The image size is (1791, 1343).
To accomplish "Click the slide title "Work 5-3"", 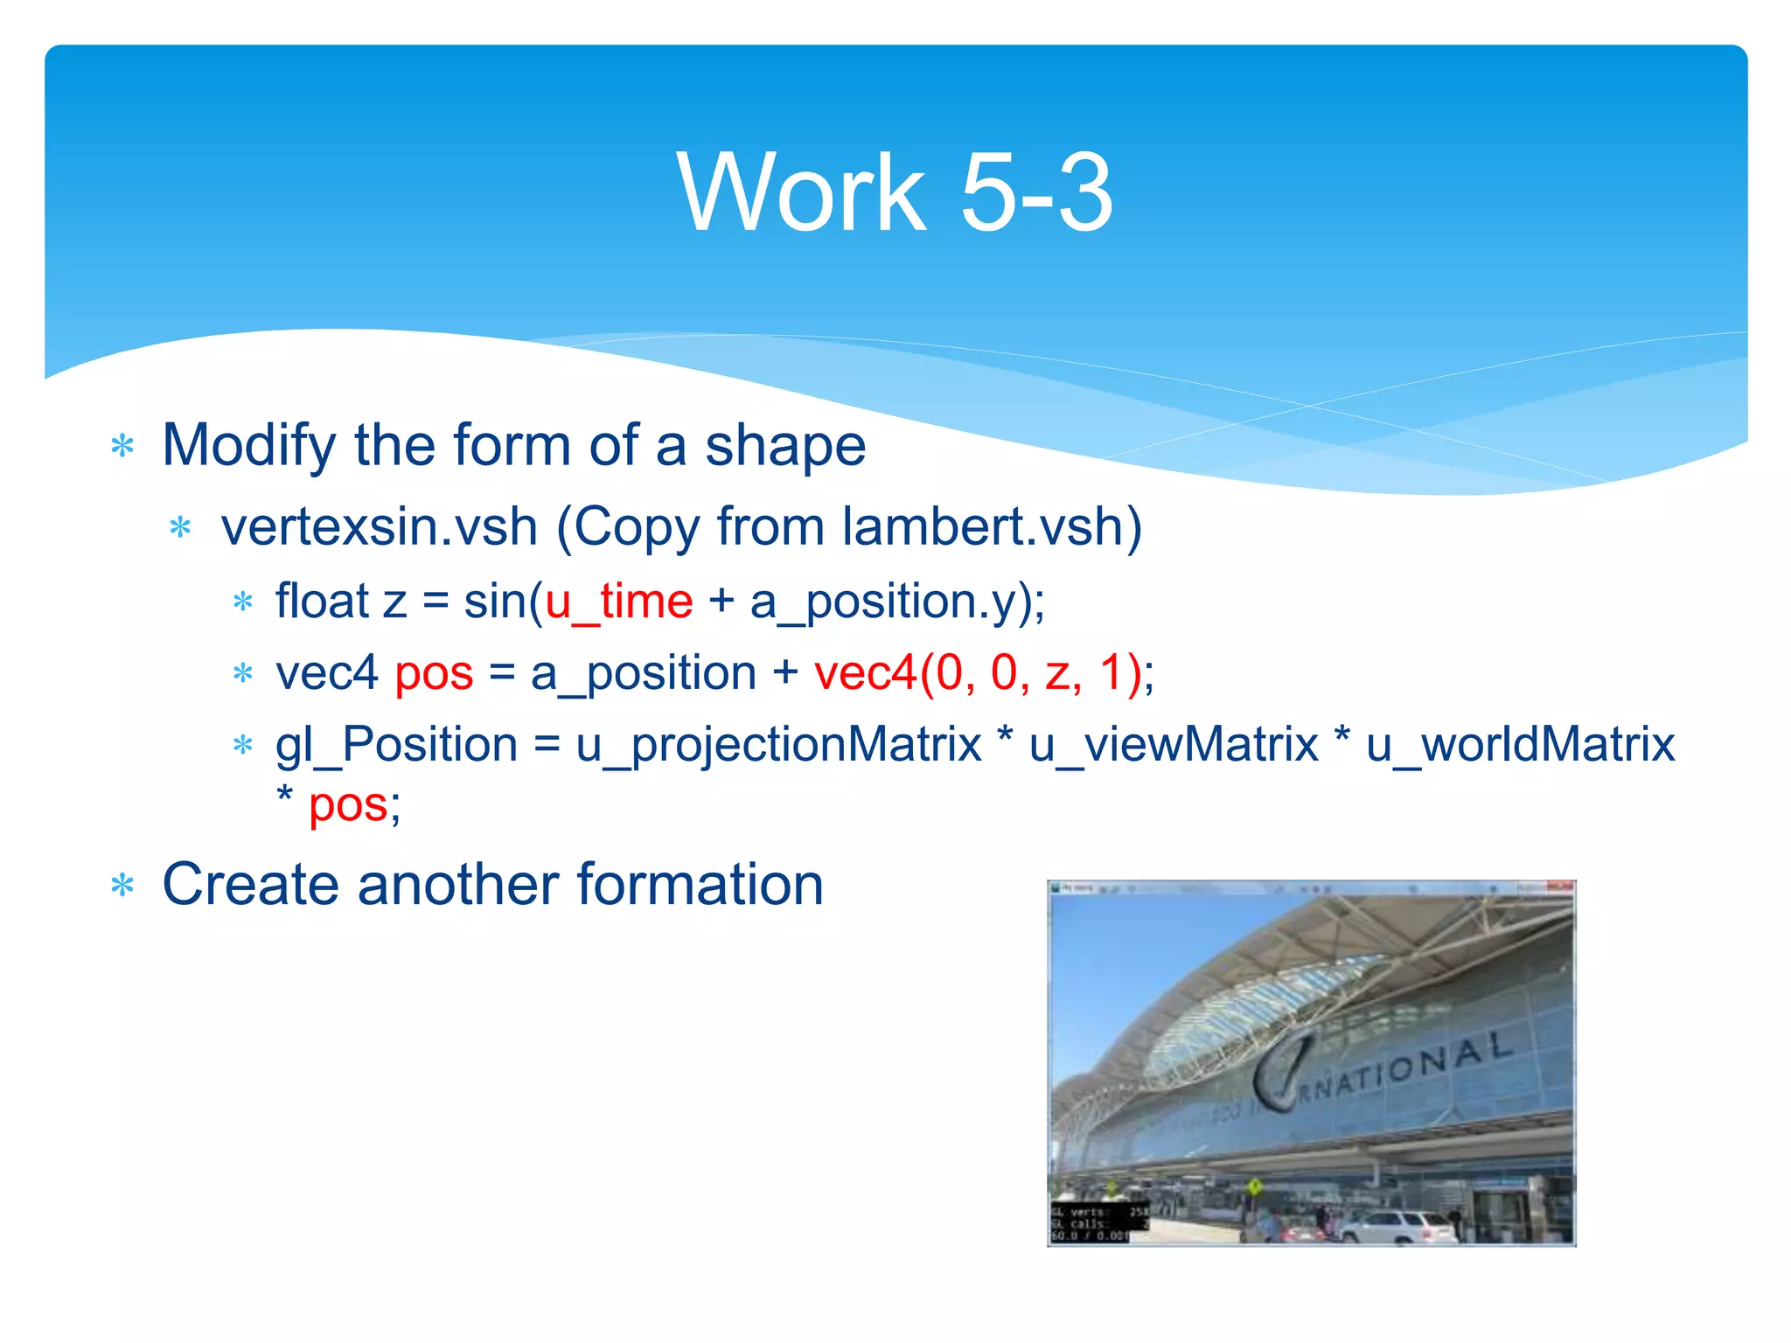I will (x=895, y=191).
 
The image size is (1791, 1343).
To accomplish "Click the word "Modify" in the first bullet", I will (x=248, y=446).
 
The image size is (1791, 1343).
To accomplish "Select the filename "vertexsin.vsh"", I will (x=379, y=527).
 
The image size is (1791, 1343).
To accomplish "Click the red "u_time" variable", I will (x=618, y=602).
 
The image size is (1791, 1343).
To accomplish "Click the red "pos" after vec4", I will (x=434, y=674).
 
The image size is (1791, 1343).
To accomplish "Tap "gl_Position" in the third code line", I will (x=396, y=746).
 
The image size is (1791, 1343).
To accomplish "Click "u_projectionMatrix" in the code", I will (x=778, y=746).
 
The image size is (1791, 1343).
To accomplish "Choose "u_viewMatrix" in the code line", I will (x=1173, y=746).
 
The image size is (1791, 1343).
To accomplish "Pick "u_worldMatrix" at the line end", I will (x=1520, y=746).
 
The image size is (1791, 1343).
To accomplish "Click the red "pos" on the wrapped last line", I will (x=348, y=805).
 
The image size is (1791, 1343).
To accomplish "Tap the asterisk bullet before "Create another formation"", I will (x=122, y=887).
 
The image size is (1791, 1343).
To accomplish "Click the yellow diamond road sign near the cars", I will (x=1254, y=1187).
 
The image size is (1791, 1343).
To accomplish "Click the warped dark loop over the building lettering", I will (x=1280, y=1072).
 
